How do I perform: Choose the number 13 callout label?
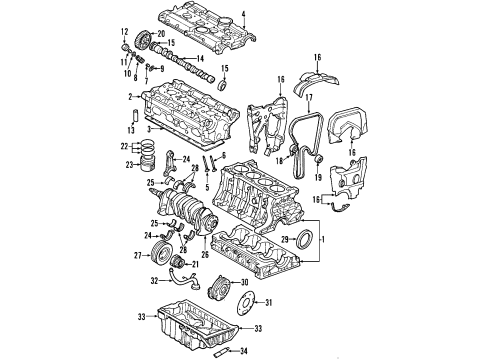[124, 31]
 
